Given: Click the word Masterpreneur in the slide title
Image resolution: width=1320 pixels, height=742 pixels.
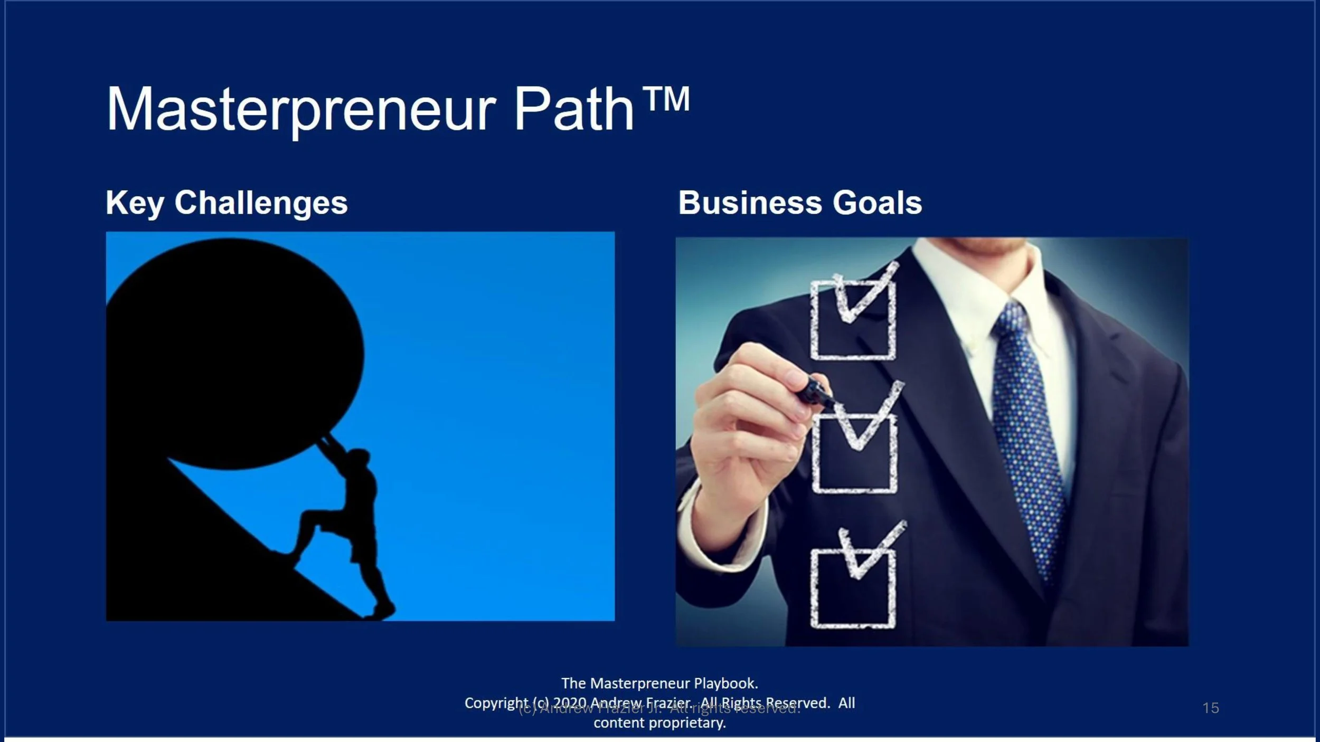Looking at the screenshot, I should (301, 110).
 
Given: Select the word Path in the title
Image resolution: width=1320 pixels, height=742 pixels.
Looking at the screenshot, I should (574, 110).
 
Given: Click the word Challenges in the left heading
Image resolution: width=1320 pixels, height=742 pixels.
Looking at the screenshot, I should (261, 203).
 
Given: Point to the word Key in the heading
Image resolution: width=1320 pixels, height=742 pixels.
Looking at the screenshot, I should (135, 204).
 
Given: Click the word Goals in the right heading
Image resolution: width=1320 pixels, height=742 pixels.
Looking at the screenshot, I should (877, 203).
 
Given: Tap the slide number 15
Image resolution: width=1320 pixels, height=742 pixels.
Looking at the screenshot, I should (1211, 708).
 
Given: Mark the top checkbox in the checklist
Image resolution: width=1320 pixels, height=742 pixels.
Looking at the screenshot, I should (852, 319).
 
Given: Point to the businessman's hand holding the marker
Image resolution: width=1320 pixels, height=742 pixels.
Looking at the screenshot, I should (750, 422).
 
